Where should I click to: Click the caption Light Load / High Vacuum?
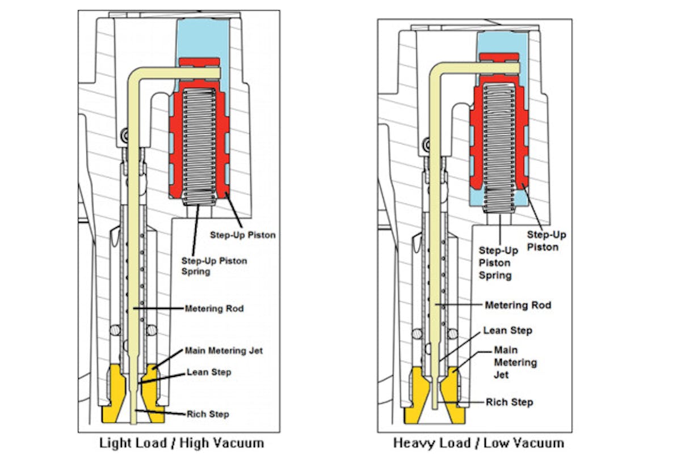pos(182,442)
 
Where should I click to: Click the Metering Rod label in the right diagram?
pos(518,305)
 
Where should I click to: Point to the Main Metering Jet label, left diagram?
pos(224,351)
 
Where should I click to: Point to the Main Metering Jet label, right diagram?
pos(515,362)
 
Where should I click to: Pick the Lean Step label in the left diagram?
pos(209,372)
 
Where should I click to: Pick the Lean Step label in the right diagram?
pos(507,330)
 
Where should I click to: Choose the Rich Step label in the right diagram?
pos(509,402)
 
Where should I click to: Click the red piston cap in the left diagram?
pos(199,62)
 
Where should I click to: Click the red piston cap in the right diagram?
pos(499,57)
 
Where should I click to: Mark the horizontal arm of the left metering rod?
pos(182,72)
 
